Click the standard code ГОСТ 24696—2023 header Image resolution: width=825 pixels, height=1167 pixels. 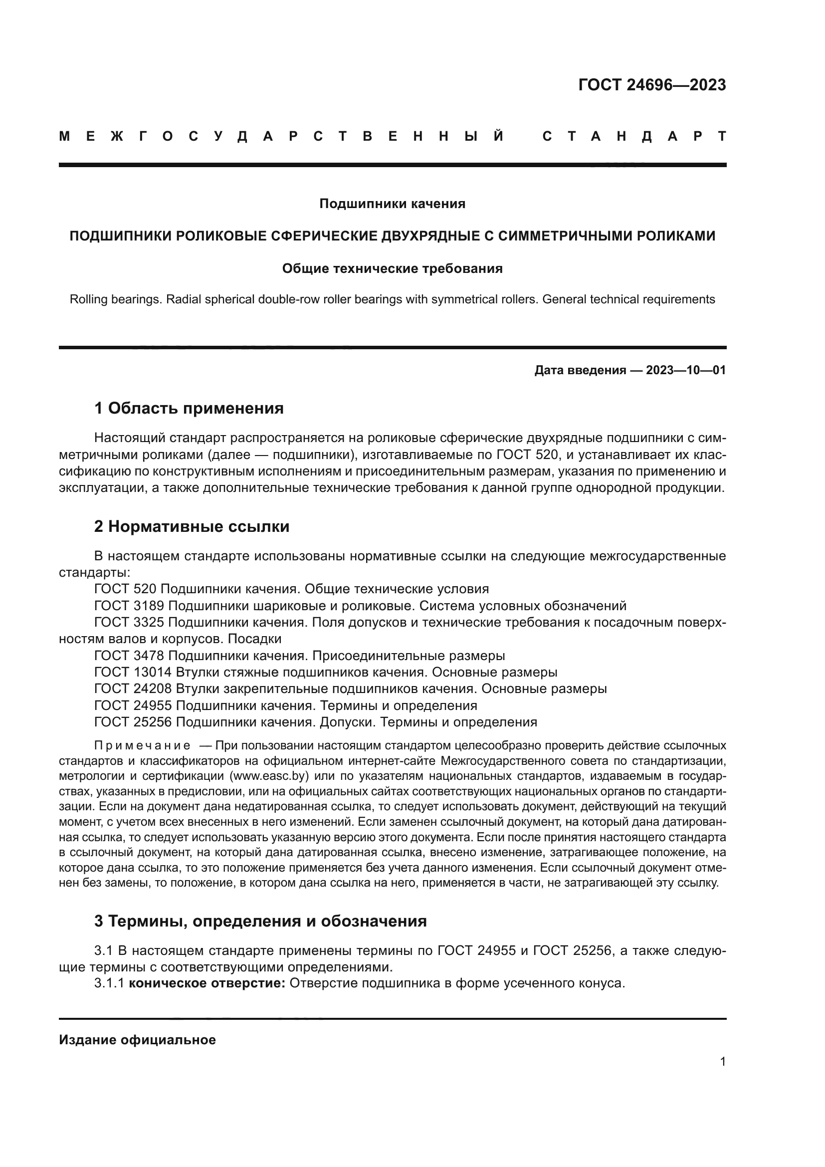click(652, 85)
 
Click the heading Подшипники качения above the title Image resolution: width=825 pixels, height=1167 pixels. click(392, 204)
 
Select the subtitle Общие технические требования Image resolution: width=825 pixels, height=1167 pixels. click(392, 268)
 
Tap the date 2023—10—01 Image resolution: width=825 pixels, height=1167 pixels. click(685, 370)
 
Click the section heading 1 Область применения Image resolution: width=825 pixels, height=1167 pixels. click(189, 408)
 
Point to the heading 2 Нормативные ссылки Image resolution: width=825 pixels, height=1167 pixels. click(192, 526)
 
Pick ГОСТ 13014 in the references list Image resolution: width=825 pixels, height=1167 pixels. click(133, 673)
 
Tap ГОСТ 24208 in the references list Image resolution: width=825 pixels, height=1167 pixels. click(133, 689)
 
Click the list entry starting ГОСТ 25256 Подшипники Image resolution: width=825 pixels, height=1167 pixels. click(315, 722)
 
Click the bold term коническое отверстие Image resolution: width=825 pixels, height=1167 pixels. click(207, 983)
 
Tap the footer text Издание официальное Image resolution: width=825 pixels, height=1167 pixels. click(137, 1040)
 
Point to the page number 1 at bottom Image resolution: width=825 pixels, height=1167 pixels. click(722, 1062)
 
